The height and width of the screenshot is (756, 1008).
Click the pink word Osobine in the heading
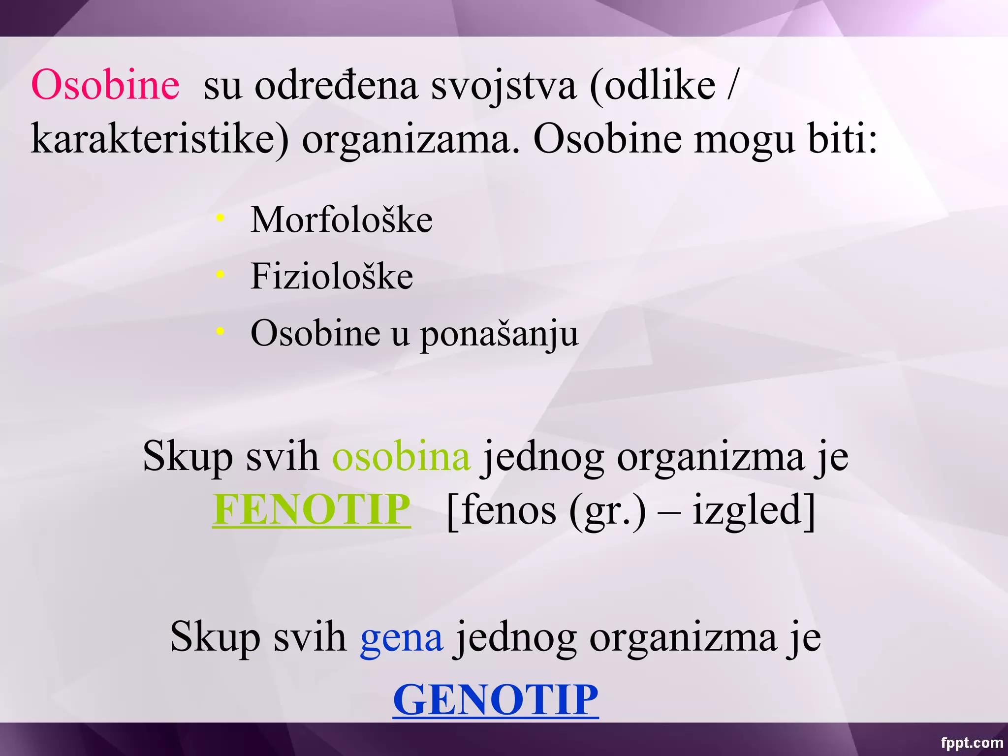[105, 85]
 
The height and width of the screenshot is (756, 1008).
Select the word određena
[336, 86]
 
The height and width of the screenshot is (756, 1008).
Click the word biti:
[843, 140]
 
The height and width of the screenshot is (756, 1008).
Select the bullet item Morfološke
[341, 220]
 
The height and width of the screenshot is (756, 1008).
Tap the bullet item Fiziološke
[331, 276]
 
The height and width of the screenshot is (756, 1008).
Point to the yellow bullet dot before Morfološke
[220, 217]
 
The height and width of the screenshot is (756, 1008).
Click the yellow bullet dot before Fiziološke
[220, 274]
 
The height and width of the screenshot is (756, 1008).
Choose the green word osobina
[401, 457]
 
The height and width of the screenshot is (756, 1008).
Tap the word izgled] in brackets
[754, 511]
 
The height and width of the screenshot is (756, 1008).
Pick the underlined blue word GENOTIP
[495, 699]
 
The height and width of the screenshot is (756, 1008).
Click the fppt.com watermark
[972, 742]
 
